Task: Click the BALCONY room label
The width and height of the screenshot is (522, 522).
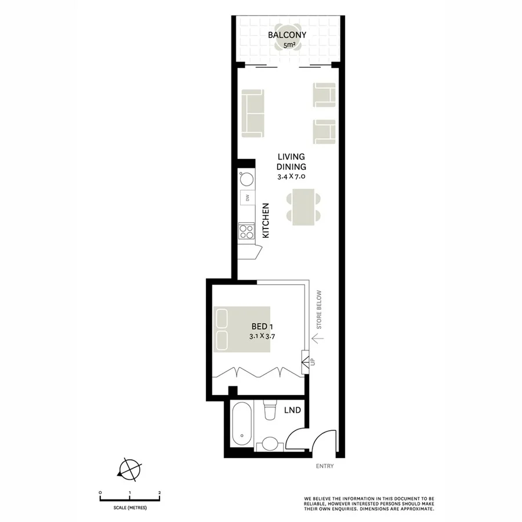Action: click(287, 35)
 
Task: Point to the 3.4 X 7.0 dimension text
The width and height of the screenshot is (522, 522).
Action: click(291, 176)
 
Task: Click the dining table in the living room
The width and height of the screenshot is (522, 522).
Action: click(304, 206)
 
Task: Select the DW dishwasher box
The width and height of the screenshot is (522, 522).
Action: click(246, 198)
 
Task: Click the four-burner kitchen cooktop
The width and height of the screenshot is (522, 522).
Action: click(246, 231)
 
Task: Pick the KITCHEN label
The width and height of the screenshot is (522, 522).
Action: click(266, 220)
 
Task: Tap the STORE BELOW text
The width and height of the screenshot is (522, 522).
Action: click(318, 308)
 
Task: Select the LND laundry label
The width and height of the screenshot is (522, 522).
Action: click(292, 411)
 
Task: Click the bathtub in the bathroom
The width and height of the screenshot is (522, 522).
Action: click(240, 427)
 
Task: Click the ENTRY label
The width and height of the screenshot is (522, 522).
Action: click(325, 466)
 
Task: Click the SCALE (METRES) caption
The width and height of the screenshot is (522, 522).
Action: click(130, 507)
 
